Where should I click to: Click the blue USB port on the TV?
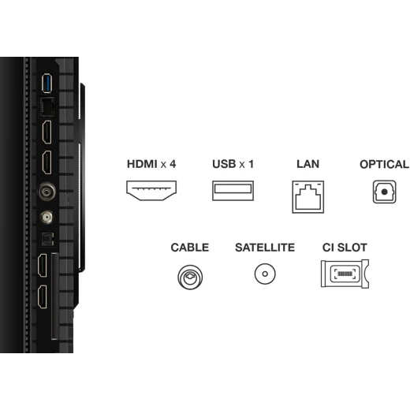point(47,84)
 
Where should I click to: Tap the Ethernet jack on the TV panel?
point(47,106)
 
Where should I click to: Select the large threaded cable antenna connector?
point(47,192)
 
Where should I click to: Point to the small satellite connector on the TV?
point(47,218)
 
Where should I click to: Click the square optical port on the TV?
point(47,239)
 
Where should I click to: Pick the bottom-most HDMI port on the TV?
point(43,296)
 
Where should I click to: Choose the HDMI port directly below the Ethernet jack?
point(47,132)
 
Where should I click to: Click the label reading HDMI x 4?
point(151,164)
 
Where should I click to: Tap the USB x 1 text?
point(233,164)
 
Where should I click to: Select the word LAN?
point(307,164)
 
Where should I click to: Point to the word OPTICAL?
point(384,164)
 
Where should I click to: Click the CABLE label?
point(190,248)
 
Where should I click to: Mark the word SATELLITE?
point(265,248)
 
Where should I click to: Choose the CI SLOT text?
point(345,248)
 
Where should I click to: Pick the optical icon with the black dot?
point(384,192)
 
